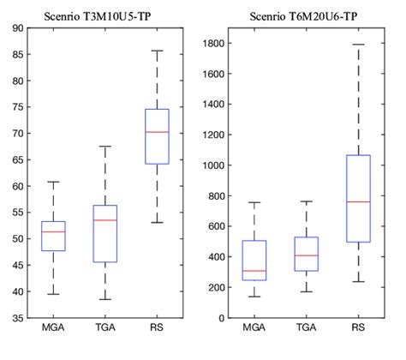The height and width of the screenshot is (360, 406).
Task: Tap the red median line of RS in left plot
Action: (x=157, y=132)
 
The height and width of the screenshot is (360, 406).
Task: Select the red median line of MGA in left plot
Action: (x=53, y=231)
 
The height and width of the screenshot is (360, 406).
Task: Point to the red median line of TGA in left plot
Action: (x=105, y=220)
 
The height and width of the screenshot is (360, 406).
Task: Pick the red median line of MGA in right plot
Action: (x=254, y=271)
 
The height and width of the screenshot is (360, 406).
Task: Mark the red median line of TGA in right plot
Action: (x=306, y=255)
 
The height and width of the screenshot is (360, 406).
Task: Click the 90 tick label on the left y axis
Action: (x=16, y=28)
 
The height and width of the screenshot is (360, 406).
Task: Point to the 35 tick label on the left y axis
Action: (x=16, y=318)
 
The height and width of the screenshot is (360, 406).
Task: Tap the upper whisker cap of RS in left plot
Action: (x=157, y=51)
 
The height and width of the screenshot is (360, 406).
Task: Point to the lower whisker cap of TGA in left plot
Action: (x=105, y=299)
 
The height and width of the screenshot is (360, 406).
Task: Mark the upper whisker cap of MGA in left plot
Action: (x=53, y=182)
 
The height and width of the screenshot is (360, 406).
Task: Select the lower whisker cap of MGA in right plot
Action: (x=254, y=297)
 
